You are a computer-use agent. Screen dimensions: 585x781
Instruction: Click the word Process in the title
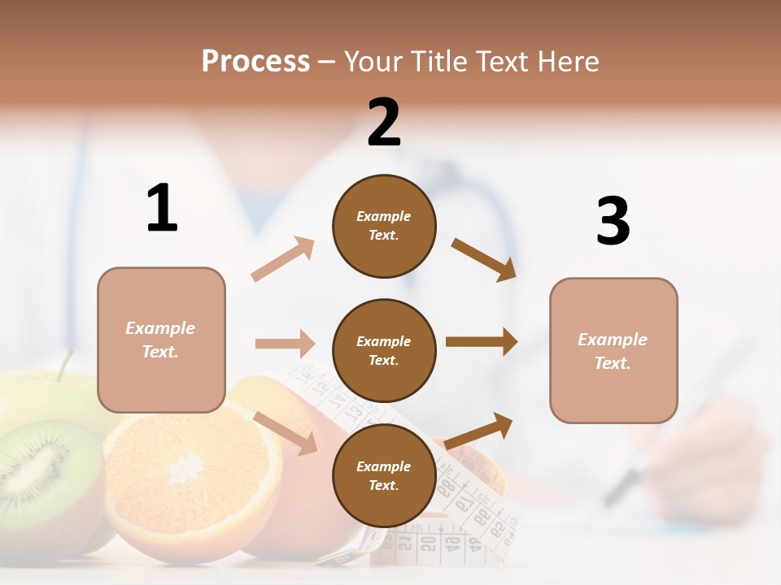pos(255,62)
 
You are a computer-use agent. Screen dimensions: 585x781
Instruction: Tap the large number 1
pos(162,208)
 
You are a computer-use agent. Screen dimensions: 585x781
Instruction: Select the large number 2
pos(384,123)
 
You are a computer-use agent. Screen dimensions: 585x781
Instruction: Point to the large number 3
pos(613,221)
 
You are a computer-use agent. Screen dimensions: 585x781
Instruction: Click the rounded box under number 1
pos(161,340)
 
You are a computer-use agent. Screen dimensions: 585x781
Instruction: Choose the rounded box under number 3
pos(613,351)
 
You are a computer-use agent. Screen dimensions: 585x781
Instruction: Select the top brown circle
pos(384,226)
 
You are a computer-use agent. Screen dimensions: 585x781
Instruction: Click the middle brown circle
pos(384,351)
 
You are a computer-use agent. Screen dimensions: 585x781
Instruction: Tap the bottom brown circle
pos(384,476)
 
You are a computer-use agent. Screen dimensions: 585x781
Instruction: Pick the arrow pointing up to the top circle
pos(282,259)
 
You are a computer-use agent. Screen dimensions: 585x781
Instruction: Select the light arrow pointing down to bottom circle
pos(285,432)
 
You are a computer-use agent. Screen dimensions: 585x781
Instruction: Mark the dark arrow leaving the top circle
pos(484,259)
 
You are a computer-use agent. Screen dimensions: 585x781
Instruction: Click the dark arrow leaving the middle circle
pos(481,342)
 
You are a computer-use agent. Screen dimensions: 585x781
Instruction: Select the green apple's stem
pos(63,363)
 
